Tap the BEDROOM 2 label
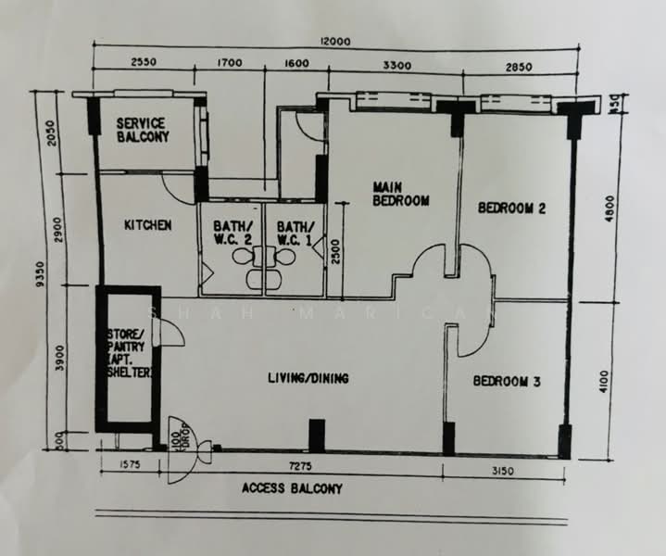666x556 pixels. pos(511,208)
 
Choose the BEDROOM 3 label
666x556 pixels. pos(507,381)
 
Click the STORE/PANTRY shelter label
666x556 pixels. pos(131,353)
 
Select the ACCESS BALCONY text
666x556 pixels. pos(292,488)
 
